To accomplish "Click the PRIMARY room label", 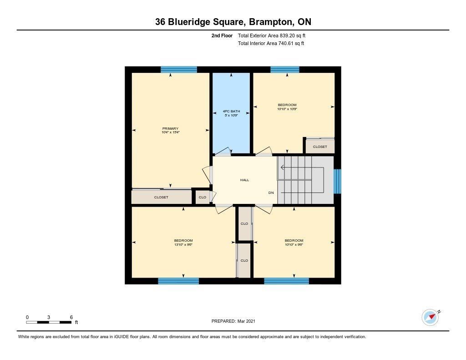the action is tap(170, 128).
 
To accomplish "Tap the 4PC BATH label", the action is tap(231, 112).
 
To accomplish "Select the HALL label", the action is tap(244, 180).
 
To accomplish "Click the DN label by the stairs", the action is tap(271, 193).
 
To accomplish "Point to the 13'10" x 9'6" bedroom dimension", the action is tap(183, 245).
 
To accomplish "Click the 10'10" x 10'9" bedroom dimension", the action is tap(287, 109).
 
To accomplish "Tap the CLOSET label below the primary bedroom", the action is tap(161, 198).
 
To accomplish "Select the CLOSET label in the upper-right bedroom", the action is tap(320, 147).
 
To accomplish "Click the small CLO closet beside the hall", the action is tap(203, 198).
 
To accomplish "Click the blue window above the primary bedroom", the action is tap(179, 70).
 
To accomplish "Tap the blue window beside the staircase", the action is tap(337, 181).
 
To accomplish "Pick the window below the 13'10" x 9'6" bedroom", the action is tap(178, 281).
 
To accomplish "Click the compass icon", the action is tap(431, 317).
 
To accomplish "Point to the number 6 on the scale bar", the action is tap(71, 317).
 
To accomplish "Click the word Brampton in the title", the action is tap(270, 22).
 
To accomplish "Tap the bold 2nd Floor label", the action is tap(222, 35).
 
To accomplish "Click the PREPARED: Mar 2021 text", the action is tap(233, 321).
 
